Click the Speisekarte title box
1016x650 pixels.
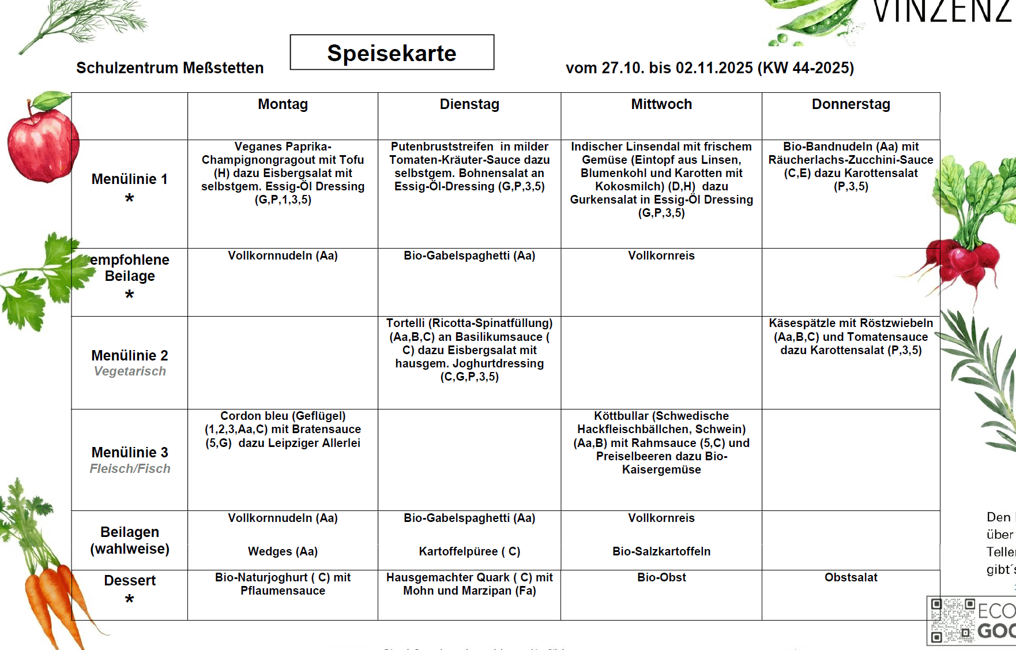(x=392, y=52)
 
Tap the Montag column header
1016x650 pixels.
(x=283, y=104)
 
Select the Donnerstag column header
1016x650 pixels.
(x=851, y=104)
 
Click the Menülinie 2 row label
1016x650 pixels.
(x=130, y=355)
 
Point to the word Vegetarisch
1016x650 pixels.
(x=130, y=371)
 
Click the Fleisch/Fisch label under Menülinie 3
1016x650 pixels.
(x=130, y=469)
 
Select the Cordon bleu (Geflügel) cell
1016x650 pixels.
(x=283, y=430)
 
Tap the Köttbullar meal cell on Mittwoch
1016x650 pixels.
(x=661, y=443)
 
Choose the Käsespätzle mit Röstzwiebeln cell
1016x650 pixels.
(x=851, y=337)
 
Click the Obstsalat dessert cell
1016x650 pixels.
(x=851, y=577)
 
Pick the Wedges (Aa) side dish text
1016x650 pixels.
(x=283, y=551)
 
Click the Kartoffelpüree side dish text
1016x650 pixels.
(x=469, y=551)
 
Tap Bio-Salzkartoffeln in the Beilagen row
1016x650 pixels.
(x=661, y=551)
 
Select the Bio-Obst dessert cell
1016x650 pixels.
(x=661, y=577)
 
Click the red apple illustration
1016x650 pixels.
(x=42, y=141)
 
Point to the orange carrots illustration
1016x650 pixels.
(x=52, y=600)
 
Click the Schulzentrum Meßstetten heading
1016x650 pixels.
(x=170, y=68)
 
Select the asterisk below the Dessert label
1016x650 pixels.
(x=130, y=599)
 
